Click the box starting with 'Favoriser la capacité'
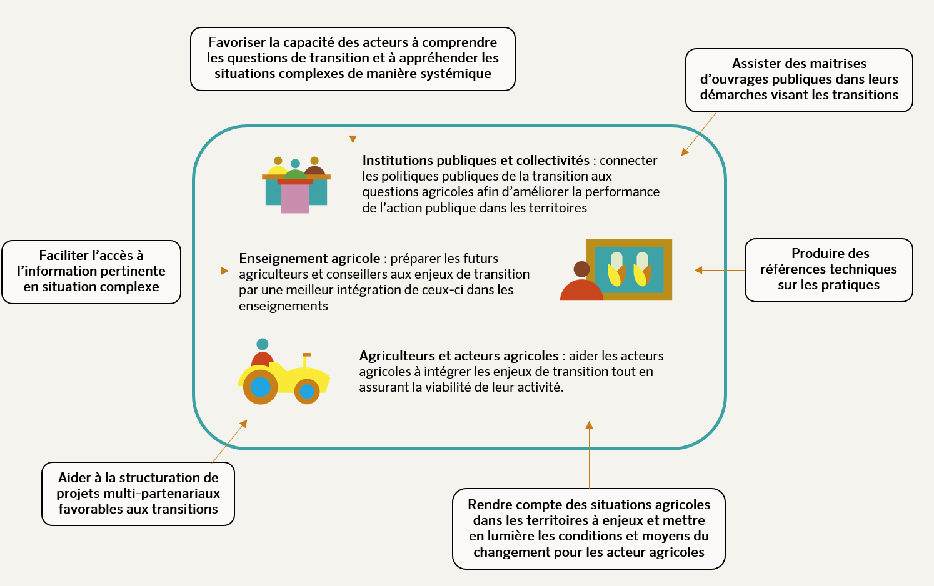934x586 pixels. click(x=353, y=59)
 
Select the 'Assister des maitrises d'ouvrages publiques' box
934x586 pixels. click(x=799, y=80)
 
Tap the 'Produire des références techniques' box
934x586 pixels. click(x=828, y=270)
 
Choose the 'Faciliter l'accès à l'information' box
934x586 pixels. click(x=91, y=272)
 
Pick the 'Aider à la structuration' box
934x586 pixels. click(x=138, y=494)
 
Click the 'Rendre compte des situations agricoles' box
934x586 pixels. click(x=588, y=529)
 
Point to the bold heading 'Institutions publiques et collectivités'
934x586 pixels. click(x=476, y=161)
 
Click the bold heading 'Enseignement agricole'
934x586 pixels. click(x=309, y=259)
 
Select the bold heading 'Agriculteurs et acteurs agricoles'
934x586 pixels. click(x=459, y=356)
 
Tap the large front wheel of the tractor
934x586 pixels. click(x=260, y=387)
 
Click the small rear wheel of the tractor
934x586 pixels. click(x=307, y=392)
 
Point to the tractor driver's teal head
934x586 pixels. click(x=263, y=344)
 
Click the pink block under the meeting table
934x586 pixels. click(x=295, y=199)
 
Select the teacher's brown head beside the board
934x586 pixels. click(x=581, y=269)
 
